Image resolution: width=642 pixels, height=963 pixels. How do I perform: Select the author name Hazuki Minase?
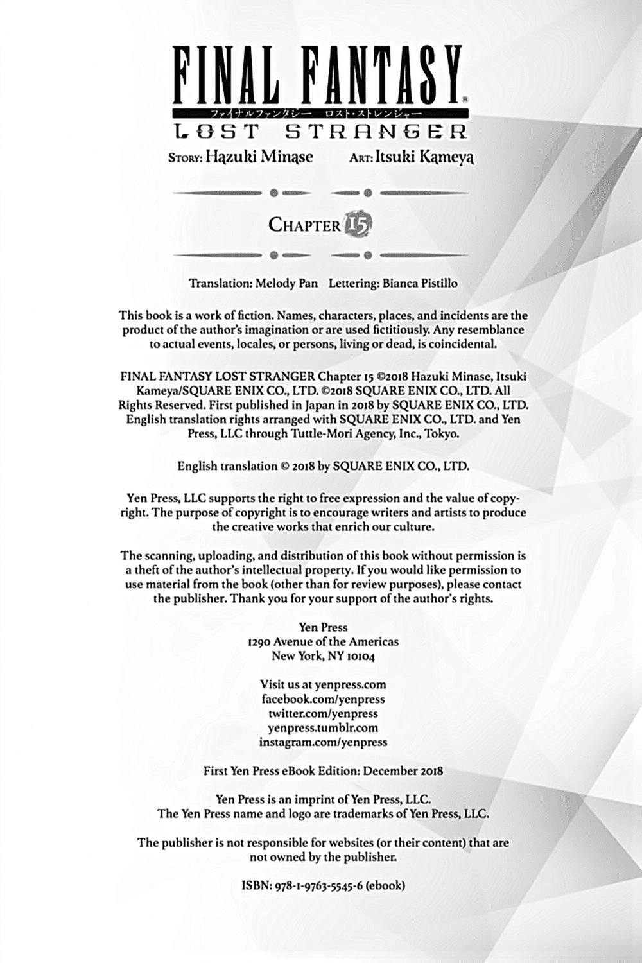[x=259, y=157]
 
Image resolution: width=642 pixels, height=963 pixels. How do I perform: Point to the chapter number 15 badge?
[x=358, y=225]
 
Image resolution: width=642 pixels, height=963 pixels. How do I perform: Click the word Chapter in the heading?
[x=304, y=225]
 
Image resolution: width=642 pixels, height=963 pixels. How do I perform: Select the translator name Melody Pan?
[x=286, y=283]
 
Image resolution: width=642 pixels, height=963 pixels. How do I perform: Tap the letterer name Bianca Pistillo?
[x=420, y=283]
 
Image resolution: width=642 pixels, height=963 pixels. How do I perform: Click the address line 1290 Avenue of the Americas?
[x=323, y=641]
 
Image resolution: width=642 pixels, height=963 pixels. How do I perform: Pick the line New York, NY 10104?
[x=323, y=655]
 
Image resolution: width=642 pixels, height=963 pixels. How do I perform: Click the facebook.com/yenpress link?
[x=323, y=699]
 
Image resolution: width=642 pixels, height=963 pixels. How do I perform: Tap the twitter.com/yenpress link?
[x=323, y=713]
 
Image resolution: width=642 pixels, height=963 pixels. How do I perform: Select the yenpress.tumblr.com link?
[x=323, y=727]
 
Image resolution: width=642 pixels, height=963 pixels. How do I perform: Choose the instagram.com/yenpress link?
[x=323, y=742]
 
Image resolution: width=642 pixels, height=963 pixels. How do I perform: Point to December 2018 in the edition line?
[x=403, y=770]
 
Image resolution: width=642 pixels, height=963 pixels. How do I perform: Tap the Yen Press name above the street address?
[x=324, y=627]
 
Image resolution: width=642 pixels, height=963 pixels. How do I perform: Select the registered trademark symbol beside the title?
[x=465, y=100]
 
